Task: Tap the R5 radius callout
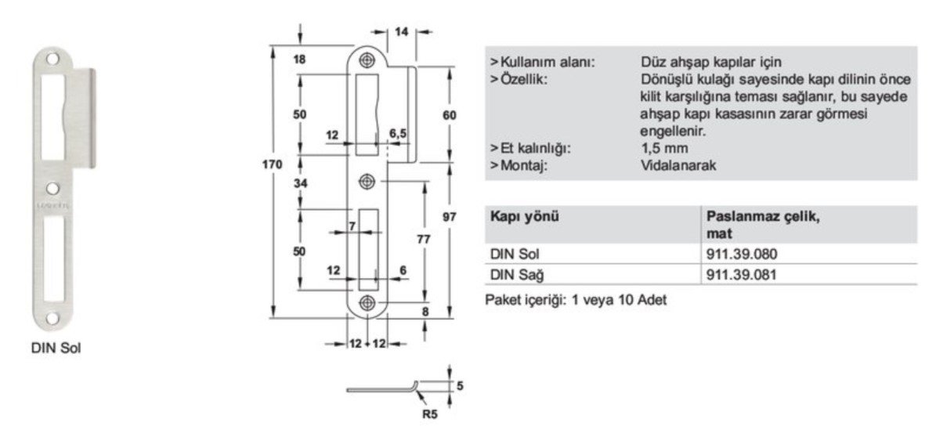pyautogui.click(x=430, y=413)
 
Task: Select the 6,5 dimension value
pyautogui.click(x=398, y=132)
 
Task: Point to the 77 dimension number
pyautogui.click(x=423, y=239)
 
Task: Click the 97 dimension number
pyautogui.click(x=449, y=218)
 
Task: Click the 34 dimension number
pyautogui.click(x=300, y=184)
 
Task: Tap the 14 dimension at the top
pyautogui.click(x=402, y=31)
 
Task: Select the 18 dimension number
pyautogui.click(x=300, y=59)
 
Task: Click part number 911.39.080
pyautogui.click(x=742, y=254)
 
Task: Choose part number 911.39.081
pyautogui.click(x=742, y=275)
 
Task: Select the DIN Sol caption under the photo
pyautogui.click(x=56, y=348)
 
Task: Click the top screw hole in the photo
pyautogui.click(x=52, y=60)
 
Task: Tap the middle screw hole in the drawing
pyautogui.click(x=367, y=182)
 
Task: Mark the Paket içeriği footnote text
pyautogui.click(x=576, y=301)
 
